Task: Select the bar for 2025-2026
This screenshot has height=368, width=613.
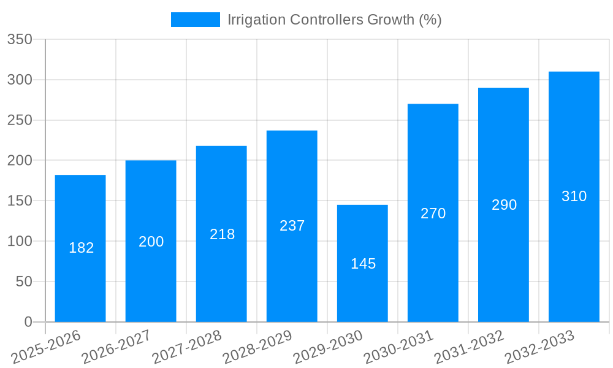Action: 80,248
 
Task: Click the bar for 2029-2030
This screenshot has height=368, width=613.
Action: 362,263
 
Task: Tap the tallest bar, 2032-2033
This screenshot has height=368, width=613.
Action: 574,196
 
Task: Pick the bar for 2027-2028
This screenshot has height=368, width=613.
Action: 221,234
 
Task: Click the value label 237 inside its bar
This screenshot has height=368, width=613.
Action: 292,226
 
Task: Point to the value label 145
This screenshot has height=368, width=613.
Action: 363,264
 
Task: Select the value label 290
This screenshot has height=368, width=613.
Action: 504,205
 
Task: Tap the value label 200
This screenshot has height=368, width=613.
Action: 151,242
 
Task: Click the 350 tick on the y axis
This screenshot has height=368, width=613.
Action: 20,40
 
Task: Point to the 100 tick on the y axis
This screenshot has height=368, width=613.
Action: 20,242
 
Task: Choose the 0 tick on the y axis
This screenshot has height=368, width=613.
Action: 28,322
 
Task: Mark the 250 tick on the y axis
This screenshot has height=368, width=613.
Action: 20,121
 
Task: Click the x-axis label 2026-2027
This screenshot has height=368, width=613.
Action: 116,347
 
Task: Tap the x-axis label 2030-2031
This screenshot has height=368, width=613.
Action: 398,347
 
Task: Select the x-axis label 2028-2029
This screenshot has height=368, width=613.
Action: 257,347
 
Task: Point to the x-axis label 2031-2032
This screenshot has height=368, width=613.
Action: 469,347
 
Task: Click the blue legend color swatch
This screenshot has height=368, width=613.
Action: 195,20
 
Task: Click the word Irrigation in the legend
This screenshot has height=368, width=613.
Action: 256,20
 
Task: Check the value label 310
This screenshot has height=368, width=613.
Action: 574,196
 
